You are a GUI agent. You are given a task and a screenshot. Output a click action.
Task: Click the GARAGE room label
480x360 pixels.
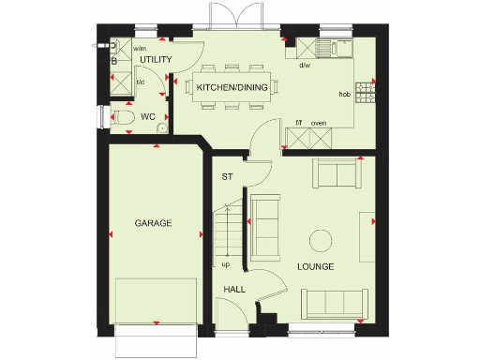[153, 223]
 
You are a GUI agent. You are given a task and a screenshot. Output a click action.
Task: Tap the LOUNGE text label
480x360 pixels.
[315, 267]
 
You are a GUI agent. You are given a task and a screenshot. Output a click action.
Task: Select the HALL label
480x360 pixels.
[234, 290]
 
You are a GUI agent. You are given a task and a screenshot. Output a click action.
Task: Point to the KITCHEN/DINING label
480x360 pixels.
[232, 87]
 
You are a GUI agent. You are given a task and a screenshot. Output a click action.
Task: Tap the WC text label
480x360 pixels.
[147, 117]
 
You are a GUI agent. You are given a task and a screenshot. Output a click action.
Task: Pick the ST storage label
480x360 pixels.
[226, 176]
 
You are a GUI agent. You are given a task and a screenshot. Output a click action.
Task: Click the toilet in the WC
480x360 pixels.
[122, 117]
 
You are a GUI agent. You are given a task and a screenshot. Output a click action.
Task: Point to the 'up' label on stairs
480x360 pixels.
[226, 263]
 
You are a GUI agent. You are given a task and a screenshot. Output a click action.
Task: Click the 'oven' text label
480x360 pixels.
[318, 123]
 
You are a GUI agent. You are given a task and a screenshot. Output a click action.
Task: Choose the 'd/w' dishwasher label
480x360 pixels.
[305, 66]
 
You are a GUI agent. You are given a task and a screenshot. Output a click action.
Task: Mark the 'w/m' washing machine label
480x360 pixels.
[140, 48]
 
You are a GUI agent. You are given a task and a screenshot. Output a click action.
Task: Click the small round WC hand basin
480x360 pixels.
[161, 128]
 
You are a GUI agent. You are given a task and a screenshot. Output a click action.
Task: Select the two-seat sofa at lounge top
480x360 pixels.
[337, 173]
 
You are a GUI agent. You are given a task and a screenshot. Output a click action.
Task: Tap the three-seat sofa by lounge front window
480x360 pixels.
[333, 302]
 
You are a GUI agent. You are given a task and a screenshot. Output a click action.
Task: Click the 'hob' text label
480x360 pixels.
[344, 95]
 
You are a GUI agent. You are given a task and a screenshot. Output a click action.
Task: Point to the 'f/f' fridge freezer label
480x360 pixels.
[299, 123]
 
